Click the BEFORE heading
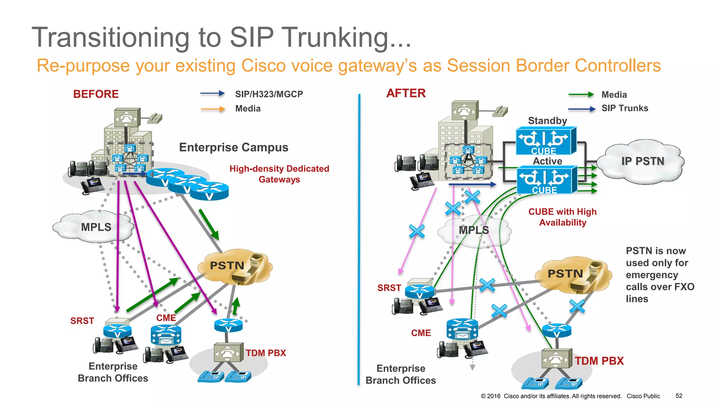click(x=96, y=94)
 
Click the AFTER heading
click(x=406, y=93)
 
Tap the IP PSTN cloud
click(x=642, y=161)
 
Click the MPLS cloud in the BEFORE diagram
click(x=95, y=227)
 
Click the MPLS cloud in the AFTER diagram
click(x=474, y=230)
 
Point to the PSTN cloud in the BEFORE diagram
click(x=233, y=266)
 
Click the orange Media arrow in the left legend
click(x=213, y=109)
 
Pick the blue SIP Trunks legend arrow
click(x=582, y=109)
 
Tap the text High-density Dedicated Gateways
click(x=279, y=174)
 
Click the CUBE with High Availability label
click(x=562, y=217)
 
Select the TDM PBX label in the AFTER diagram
click(x=599, y=361)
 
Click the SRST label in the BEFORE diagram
click(x=82, y=321)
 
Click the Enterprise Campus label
click(x=233, y=147)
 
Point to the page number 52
click(x=679, y=396)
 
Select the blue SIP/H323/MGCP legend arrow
click(x=212, y=94)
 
